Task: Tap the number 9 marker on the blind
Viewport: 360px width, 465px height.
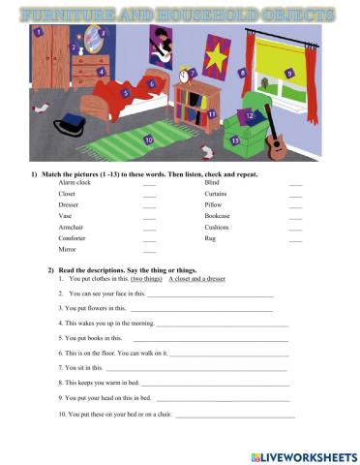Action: point(289,73)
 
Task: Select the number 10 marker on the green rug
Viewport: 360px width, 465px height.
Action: point(148,139)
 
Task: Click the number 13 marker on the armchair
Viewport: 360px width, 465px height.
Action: point(235,140)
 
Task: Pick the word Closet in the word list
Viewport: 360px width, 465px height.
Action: point(67,194)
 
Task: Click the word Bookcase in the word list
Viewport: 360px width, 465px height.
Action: point(220,216)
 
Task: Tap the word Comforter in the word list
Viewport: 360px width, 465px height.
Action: point(75,238)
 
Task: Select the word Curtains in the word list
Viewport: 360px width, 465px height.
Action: point(218,194)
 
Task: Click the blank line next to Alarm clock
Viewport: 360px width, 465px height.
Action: point(149,183)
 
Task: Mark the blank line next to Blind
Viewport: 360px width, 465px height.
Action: point(295,183)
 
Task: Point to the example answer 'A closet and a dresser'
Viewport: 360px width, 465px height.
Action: point(198,278)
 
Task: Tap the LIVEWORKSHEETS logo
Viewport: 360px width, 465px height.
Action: point(302,454)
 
